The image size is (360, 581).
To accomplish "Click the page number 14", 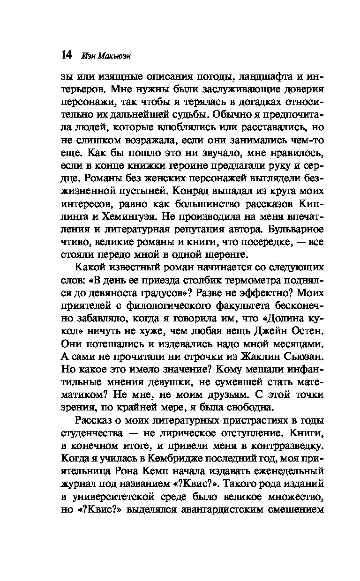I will [x=66, y=56].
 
